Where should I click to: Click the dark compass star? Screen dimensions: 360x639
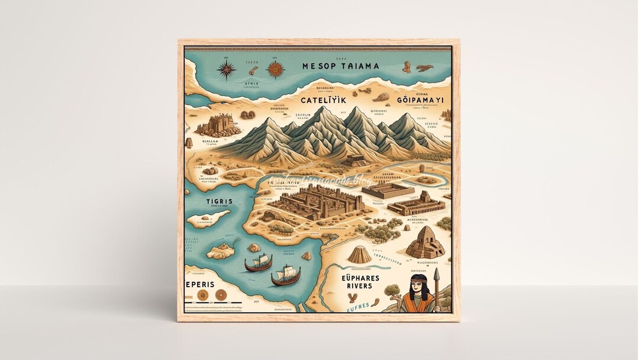[x=227, y=70]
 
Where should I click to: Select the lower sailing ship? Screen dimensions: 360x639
[x=286, y=275]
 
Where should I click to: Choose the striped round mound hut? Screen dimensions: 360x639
[x=359, y=254]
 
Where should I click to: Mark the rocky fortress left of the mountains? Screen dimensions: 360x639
[x=214, y=124]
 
